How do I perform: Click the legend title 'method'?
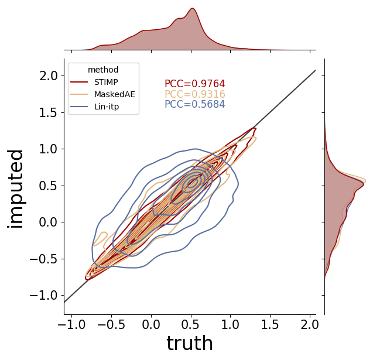(x=103, y=70)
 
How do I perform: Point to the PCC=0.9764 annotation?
(x=195, y=84)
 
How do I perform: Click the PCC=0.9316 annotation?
(x=195, y=94)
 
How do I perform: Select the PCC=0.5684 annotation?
(x=195, y=104)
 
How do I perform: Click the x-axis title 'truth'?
(x=190, y=343)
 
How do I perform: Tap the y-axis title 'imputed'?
(x=15, y=189)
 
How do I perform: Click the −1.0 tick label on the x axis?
(x=71, y=324)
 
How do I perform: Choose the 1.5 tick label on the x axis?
(x=270, y=324)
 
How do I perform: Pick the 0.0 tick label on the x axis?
(x=151, y=324)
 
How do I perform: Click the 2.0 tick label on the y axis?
(x=49, y=76)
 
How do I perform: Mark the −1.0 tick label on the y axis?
(x=44, y=296)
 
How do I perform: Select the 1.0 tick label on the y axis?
(x=49, y=149)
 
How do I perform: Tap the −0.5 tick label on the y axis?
(x=44, y=259)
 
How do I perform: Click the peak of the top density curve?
(x=193, y=8)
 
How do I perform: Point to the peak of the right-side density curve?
(x=365, y=181)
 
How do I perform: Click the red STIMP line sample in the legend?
(x=79, y=83)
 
